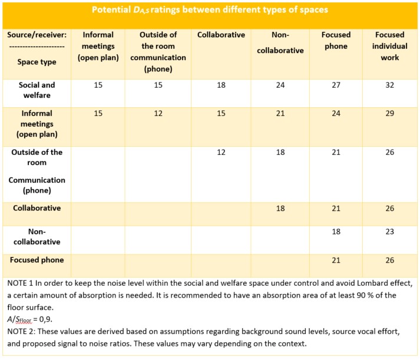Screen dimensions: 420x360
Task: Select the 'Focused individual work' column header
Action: click(x=390, y=46)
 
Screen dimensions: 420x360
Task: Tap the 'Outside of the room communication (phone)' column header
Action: click(x=158, y=52)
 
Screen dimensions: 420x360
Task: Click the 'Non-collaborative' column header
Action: click(x=280, y=42)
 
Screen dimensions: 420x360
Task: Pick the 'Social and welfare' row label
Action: click(x=37, y=90)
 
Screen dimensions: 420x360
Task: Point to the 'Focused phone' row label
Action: click(x=37, y=260)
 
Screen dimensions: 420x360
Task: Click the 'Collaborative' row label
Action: click(x=37, y=208)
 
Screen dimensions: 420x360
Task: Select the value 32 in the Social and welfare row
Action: click(x=390, y=85)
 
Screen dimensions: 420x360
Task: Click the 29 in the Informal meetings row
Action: click(x=390, y=113)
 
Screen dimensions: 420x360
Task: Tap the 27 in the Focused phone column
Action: click(x=336, y=85)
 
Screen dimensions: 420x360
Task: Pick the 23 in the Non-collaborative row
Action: click(x=390, y=232)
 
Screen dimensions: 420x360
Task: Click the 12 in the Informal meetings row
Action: click(x=158, y=113)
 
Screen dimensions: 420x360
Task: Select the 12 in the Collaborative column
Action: click(x=221, y=153)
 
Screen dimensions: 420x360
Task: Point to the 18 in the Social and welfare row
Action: click(x=221, y=85)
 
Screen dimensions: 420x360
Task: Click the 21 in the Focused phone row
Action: click(x=336, y=260)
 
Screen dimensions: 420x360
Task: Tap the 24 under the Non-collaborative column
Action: click(x=280, y=85)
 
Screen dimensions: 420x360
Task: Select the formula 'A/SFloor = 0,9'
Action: click(x=29, y=319)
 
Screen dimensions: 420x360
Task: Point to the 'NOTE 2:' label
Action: click(x=21, y=331)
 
